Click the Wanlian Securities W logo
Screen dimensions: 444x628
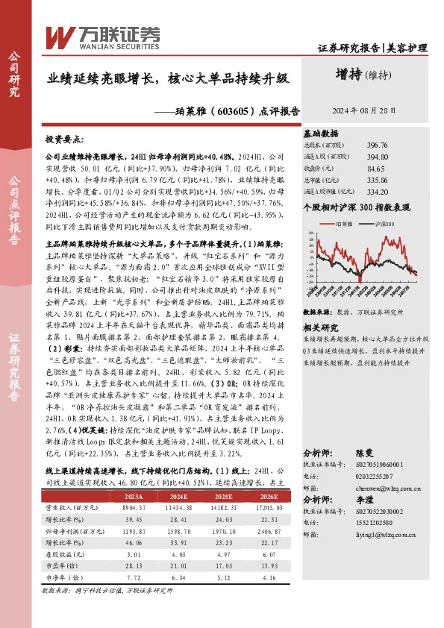point(58,34)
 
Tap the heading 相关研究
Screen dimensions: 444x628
point(322,307)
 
